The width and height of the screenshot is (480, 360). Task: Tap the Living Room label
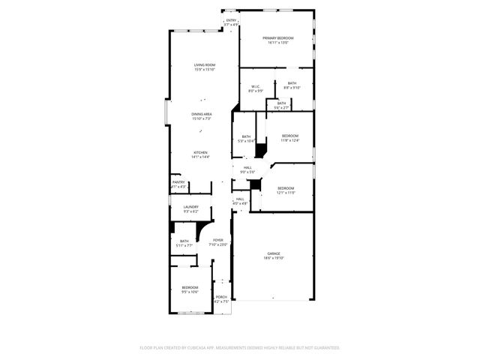tap(204, 67)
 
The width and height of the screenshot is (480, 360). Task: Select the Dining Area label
tap(201, 115)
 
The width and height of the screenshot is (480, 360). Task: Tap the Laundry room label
tap(190, 208)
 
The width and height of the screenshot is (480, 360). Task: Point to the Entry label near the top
tap(231, 22)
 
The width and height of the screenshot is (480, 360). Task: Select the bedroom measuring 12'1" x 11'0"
tap(286, 190)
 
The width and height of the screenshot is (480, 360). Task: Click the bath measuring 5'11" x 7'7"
tap(184, 243)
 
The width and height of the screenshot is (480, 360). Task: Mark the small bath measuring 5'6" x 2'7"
tap(281, 105)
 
